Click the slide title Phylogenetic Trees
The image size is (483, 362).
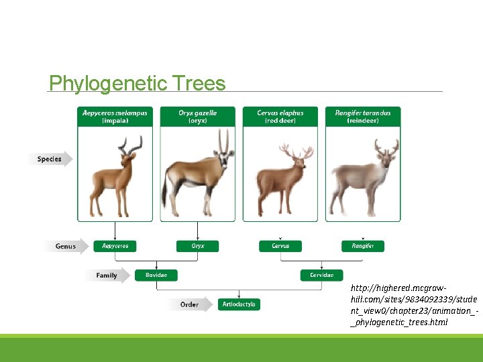click(x=138, y=83)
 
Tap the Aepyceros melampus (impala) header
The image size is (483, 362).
click(x=115, y=117)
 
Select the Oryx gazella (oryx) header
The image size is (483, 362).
click(x=197, y=117)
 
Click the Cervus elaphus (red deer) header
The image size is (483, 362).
click(x=280, y=117)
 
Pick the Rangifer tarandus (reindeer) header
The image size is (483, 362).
click(x=363, y=117)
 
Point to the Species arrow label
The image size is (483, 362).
click(x=50, y=160)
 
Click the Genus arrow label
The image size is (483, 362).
click(x=66, y=246)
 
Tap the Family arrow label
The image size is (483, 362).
click(x=107, y=276)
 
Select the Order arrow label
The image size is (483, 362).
click(x=190, y=304)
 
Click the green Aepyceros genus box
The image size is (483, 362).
click(x=115, y=246)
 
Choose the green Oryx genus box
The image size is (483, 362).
click(x=197, y=246)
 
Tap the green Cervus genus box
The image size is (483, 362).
click(x=280, y=246)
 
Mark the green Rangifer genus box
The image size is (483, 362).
click(x=363, y=246)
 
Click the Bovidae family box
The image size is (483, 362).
click(x=156, y=275)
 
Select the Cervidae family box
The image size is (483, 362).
click(x=321, y=275)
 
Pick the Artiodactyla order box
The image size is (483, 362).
click(x=239, y=304)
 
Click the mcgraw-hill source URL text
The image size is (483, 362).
click(x=413, y=304)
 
